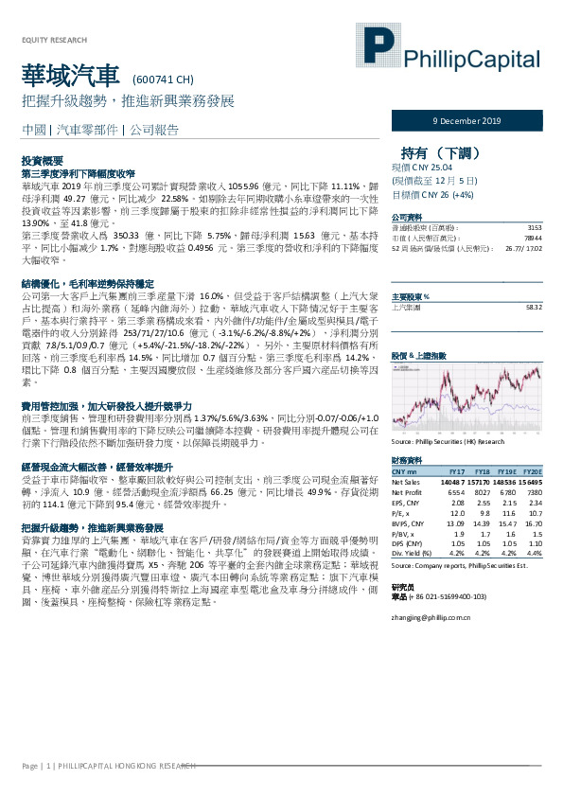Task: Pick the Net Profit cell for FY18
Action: pos(483,493)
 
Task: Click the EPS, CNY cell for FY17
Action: pos(456,504)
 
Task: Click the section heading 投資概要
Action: pos(42,163)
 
